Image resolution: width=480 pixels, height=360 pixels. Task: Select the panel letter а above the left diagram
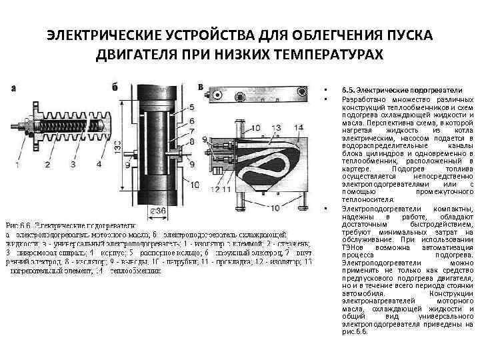click(x=15, y=87)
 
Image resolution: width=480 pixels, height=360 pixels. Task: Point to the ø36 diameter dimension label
click(x=157, y=211)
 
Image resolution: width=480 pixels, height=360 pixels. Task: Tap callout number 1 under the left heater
click(x=18, y=163)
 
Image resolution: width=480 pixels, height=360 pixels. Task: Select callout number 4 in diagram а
click(x=99, y=163)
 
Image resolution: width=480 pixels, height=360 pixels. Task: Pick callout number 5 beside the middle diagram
click(x=192, y=107)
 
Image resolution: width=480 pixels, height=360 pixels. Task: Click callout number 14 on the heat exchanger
click(x=297, y=127)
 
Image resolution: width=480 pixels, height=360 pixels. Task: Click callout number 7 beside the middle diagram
click(x=192, y=132)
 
